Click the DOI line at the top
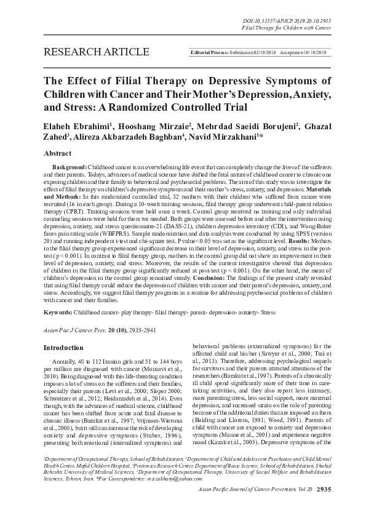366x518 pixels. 287,20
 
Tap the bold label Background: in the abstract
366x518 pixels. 69,167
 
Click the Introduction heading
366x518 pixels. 63,348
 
